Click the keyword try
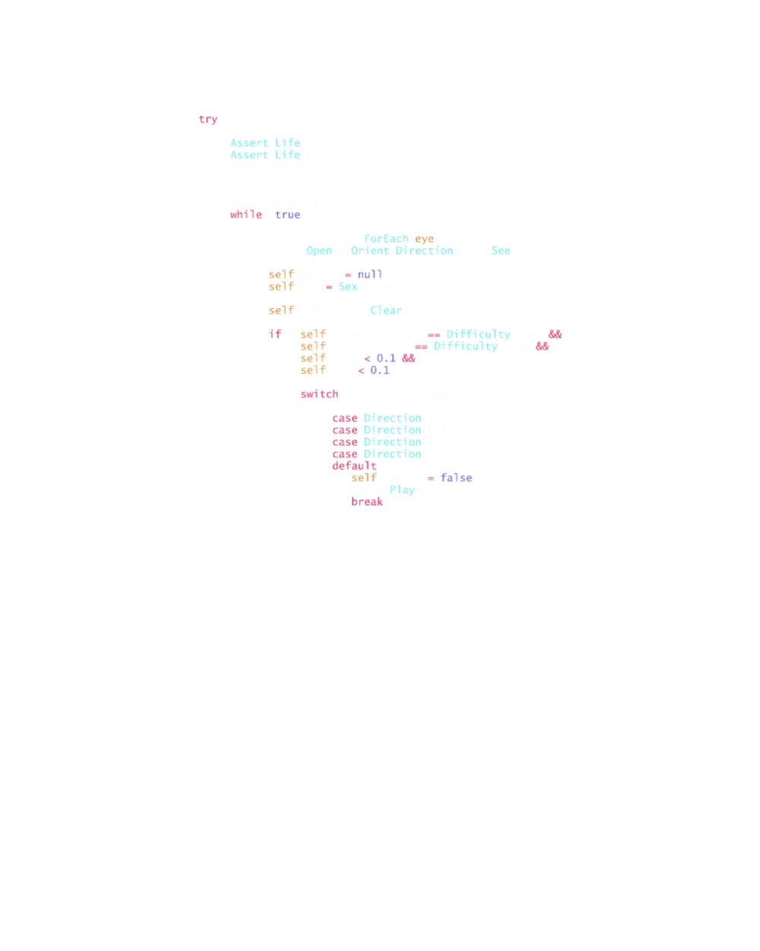point(208,119)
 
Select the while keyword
point(246,215)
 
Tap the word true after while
point(288,215)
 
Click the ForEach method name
point(386,239)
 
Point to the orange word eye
point(424,239)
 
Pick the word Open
point(319,251)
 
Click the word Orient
point(370,251)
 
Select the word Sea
point(501,251)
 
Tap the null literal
point(370,275)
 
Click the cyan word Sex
point(348,287)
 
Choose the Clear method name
point(386,310)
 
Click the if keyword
point(275,334)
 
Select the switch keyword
point(319,394)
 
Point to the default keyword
point(354,466)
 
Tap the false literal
point(457,478)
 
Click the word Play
point(402,490)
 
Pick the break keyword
point(367,501)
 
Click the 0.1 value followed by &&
point(386,358)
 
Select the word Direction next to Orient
point(424,251)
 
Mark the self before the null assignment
point(281,275)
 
